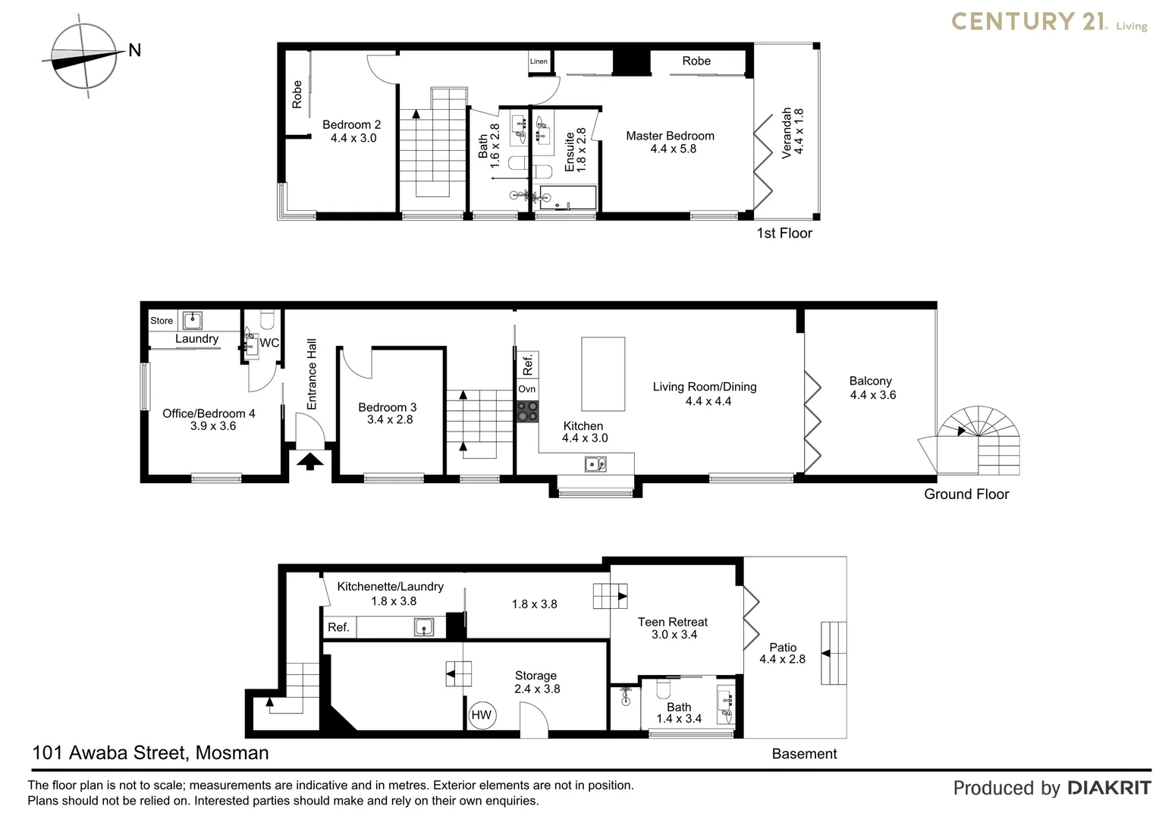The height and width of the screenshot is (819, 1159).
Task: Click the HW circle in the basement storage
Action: (x=482, y=715)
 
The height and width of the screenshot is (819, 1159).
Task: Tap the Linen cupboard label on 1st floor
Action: (x=539, y=61)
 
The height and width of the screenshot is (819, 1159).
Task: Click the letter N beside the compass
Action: (x=135, y=51)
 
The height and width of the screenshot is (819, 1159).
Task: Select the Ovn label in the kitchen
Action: (x=526, y=389)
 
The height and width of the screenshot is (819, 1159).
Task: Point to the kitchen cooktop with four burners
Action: (x=527, y=411)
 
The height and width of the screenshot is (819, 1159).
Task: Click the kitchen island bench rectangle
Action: (x=603, y=373)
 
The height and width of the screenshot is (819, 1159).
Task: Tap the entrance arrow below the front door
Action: (x=309, y=460)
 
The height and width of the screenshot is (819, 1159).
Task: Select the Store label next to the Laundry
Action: (x=162, y=321)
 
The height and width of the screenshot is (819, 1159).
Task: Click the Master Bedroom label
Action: (x=670, y=136)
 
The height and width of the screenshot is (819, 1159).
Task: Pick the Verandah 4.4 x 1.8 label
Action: (x=792, y=133)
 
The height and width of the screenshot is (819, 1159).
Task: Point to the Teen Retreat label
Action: (x=672, y=622)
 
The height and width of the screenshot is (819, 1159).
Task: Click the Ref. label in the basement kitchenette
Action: (x=338, y=627)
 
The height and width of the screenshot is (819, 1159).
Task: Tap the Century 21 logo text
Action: (x=1028, y=21)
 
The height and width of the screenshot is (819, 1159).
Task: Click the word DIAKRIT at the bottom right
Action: (x=1109, y=788)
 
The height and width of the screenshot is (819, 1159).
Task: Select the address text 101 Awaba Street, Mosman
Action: (x=150, y=753)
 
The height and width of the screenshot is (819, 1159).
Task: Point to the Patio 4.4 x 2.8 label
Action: (x=783, y=653)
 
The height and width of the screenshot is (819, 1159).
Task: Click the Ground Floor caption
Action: (x=966, y=494)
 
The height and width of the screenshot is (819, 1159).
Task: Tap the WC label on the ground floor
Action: (x=269, y=343)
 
